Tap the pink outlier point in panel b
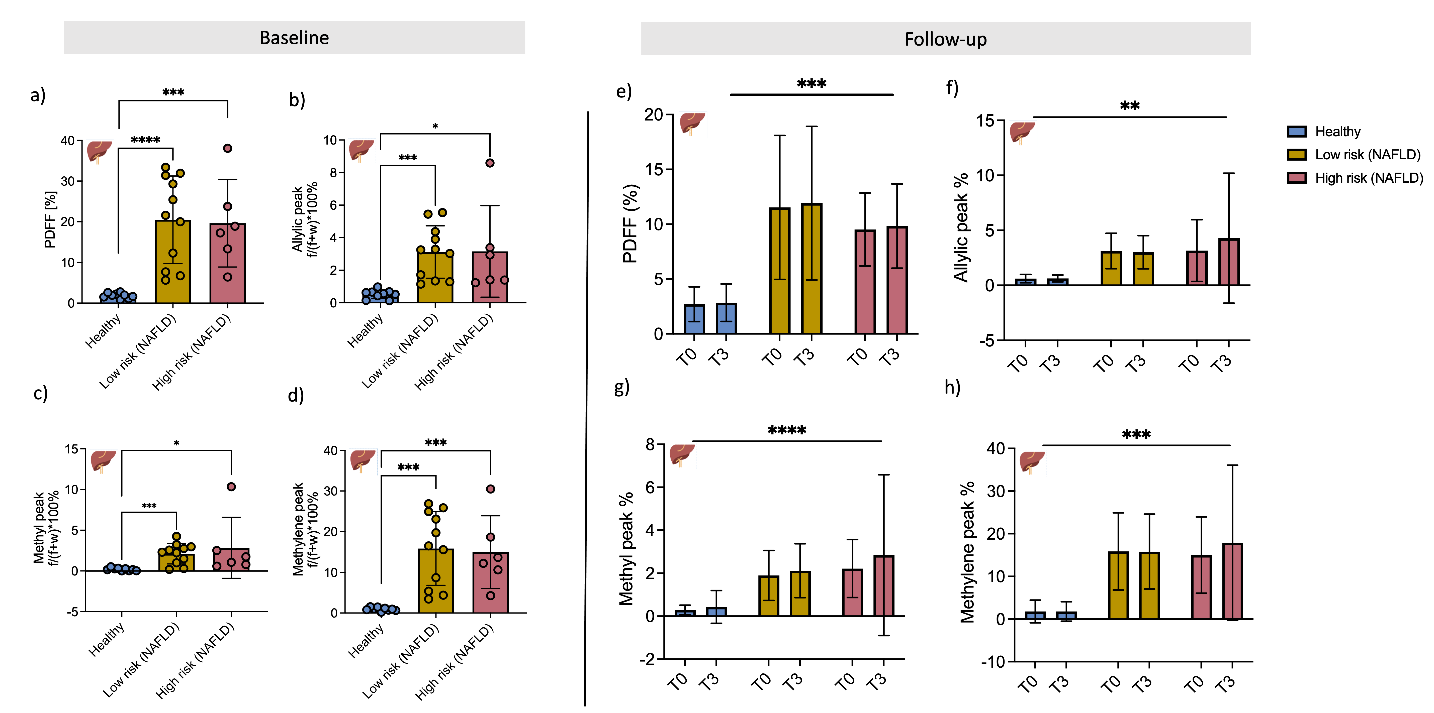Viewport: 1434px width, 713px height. click(x=490, y=163)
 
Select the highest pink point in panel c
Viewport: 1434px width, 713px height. click(x=232, y=487)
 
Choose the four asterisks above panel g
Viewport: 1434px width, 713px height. click(x=787, y=430)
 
